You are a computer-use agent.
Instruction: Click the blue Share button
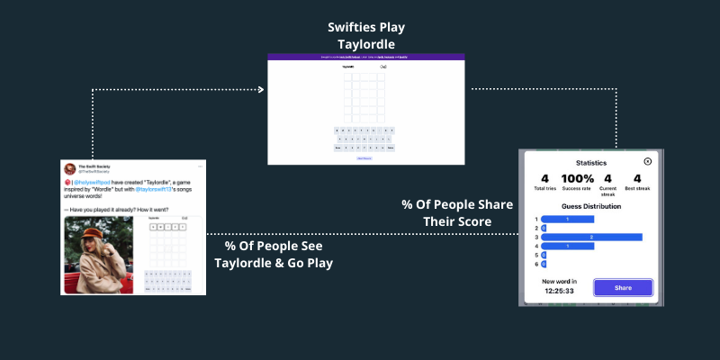coord(623,288)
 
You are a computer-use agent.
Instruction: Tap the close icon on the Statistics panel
coord(647,161)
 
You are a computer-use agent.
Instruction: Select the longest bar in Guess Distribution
coord(591,237)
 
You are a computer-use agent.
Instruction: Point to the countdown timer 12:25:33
coord(560,292)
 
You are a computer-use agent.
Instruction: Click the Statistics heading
coord(591,163)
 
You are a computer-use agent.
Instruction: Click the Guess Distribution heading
coord(591,206)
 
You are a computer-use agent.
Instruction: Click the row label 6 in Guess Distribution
coord(536,264)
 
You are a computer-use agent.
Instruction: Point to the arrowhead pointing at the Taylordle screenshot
coord(262,89)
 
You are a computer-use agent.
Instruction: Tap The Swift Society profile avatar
coord(69,168)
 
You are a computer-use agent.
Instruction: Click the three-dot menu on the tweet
coord(199,166)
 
